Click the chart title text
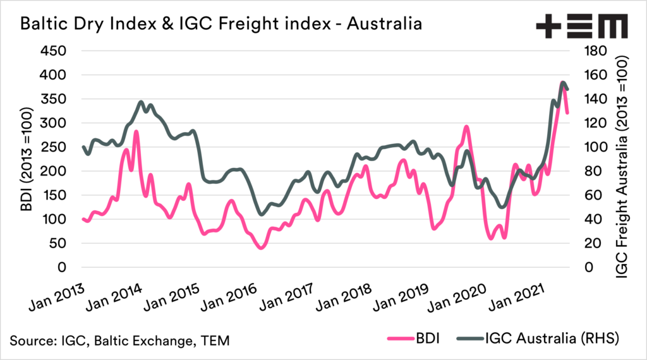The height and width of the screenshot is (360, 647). pos(222,25)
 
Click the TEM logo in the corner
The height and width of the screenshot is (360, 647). pos(581,27)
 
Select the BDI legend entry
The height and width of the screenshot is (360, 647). pos(422,340)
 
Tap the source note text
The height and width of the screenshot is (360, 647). pos(119,341)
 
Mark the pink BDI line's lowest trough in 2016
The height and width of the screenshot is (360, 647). pos(261,248)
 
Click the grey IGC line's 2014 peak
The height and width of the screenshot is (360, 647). pos(141,102)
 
